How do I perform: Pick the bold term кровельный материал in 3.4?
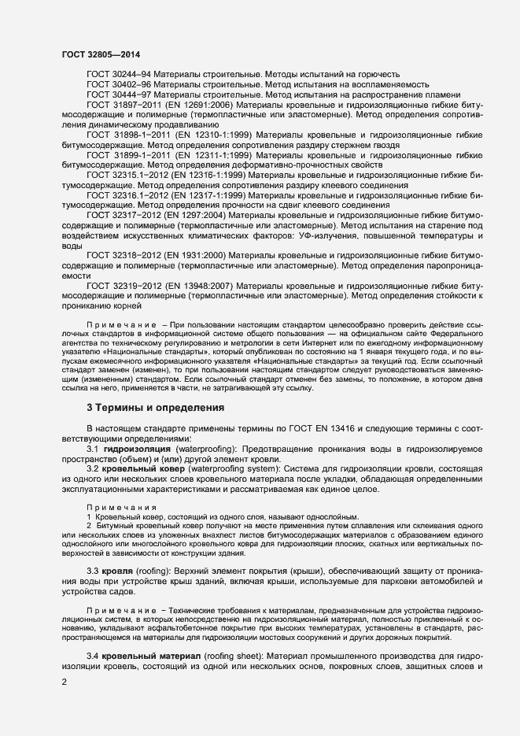coord(150,655)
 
